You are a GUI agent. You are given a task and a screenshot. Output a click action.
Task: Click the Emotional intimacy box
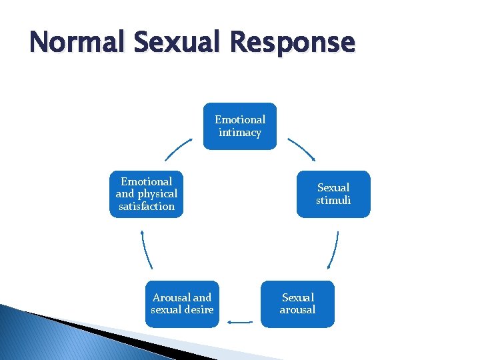click(240, 126)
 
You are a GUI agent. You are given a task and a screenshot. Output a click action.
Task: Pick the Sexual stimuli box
click(333, 194)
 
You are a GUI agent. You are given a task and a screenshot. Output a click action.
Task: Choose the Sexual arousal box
click(297, 304)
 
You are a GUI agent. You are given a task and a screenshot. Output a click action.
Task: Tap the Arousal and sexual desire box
click(182, 304)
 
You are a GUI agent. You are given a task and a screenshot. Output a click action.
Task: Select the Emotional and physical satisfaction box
click(147, 194)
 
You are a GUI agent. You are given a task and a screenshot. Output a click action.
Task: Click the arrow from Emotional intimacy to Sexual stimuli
click(301, 149)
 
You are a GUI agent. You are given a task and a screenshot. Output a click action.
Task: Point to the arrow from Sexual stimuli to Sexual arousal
click(333, 250)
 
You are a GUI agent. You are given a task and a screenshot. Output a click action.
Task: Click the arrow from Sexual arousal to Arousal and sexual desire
click(240, 322)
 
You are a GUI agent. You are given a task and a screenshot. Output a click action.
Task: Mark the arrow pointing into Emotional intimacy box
click(179, 149)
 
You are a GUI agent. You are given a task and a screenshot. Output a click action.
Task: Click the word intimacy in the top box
click(240, 133)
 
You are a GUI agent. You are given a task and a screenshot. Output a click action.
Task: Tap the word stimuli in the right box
click(333, 201)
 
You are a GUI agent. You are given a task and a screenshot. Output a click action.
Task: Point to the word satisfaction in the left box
click(147, 207)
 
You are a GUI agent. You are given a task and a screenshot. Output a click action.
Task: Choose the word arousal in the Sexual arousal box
click(297, 310)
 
